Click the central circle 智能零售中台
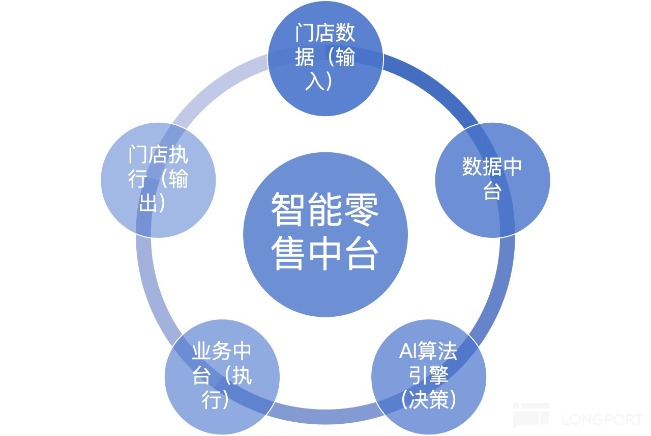pyautogui.click(x=325, y=234)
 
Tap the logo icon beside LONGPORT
pyautogui.click(x=530, y=415)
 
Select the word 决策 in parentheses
pyautogui.click(x=428, y=400)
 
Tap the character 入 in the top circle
pyautogui.click(x=314, y=81)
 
